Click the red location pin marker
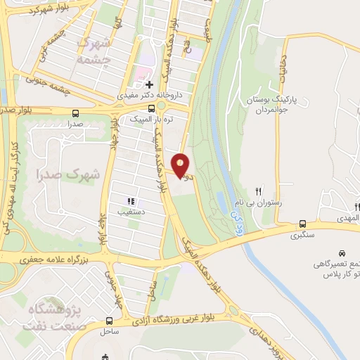tap(181, 165)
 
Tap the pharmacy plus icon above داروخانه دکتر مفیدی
tap(149, 84)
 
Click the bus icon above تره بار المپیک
tap(152, 109)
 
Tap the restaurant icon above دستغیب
tap(131, 202)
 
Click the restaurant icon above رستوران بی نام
tap(259, 191)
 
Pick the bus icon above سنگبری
tap(302, 223)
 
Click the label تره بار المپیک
tap(151, 120)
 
